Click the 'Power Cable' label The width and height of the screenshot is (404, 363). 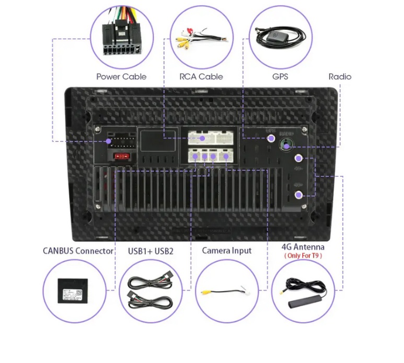pos(121,77)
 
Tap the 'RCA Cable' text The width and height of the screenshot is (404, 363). pos(201,77)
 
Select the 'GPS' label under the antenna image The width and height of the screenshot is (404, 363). pos(280,77)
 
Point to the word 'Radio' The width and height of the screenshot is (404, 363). pos(340,77)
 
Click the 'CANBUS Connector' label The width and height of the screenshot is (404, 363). pos(78,251)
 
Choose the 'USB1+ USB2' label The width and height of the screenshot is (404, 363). pos(150,251)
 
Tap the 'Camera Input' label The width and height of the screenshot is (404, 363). pos(227,251)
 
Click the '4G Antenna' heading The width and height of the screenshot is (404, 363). pos(303,247)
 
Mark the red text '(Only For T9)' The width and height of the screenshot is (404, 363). pos(303,256)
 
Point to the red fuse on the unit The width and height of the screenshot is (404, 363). pos(122,156)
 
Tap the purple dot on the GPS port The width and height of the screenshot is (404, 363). pos(271,139)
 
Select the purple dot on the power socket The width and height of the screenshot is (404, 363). pos(109,141)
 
